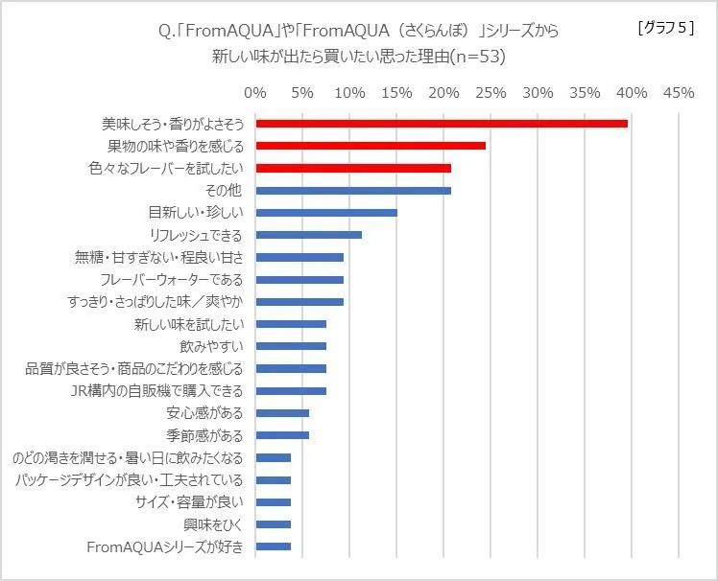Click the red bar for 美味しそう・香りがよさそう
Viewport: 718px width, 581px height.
[x=442, y=123]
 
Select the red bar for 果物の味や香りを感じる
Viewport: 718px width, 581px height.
[x=371, y=146]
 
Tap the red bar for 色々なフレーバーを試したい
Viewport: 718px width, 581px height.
[x=353, y=168]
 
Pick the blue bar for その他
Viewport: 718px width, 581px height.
[x=353, y=191]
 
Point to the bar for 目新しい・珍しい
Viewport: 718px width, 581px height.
[x=326, y=213]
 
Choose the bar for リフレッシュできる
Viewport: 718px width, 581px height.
[x=309, y=235]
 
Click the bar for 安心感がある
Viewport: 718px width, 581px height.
[x=282, y=413]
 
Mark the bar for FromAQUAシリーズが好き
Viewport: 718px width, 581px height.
[x=274, y=546]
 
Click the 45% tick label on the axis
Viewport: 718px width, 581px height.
[x=679, y=93]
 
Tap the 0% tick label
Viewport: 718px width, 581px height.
[x=255, y=93]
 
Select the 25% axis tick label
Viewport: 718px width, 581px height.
[x=491, y=93]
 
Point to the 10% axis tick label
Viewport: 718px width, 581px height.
[x=349, y=93]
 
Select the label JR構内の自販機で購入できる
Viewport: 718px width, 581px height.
[x=158, y=391]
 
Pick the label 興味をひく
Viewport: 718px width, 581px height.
[x=214, y=524]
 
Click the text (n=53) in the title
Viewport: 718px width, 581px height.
[x=475, y=57]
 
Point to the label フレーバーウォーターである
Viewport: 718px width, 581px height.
[x=172, y=280]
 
